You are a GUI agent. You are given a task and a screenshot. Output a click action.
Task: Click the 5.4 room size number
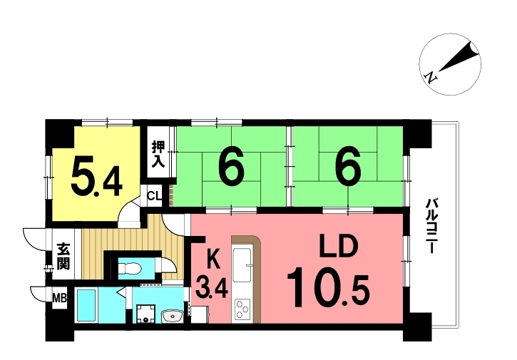click(x=96, y=177)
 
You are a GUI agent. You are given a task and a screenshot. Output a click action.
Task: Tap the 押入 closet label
click(x=158, y=154)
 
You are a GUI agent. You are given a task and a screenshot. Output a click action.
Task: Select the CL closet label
click(x=154, y=196)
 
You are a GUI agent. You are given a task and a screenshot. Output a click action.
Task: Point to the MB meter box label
click(x=60, y=299)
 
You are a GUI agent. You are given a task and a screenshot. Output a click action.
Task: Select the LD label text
click(x=338, y=247)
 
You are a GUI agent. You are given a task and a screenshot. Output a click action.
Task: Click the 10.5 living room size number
click(x=328, y=287)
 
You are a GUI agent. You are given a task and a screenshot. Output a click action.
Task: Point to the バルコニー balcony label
click(x=430, y=225)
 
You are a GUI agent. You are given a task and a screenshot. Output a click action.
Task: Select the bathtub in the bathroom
click(x=86, y=305)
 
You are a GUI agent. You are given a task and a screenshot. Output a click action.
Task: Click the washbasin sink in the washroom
click(x=172, y=317)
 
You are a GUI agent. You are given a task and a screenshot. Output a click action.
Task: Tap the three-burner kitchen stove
click(x=242, y=309)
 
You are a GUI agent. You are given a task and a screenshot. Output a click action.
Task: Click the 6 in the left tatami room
click(x=232, y=170)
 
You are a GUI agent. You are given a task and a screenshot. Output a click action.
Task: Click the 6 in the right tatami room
click(x=348, y=170)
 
